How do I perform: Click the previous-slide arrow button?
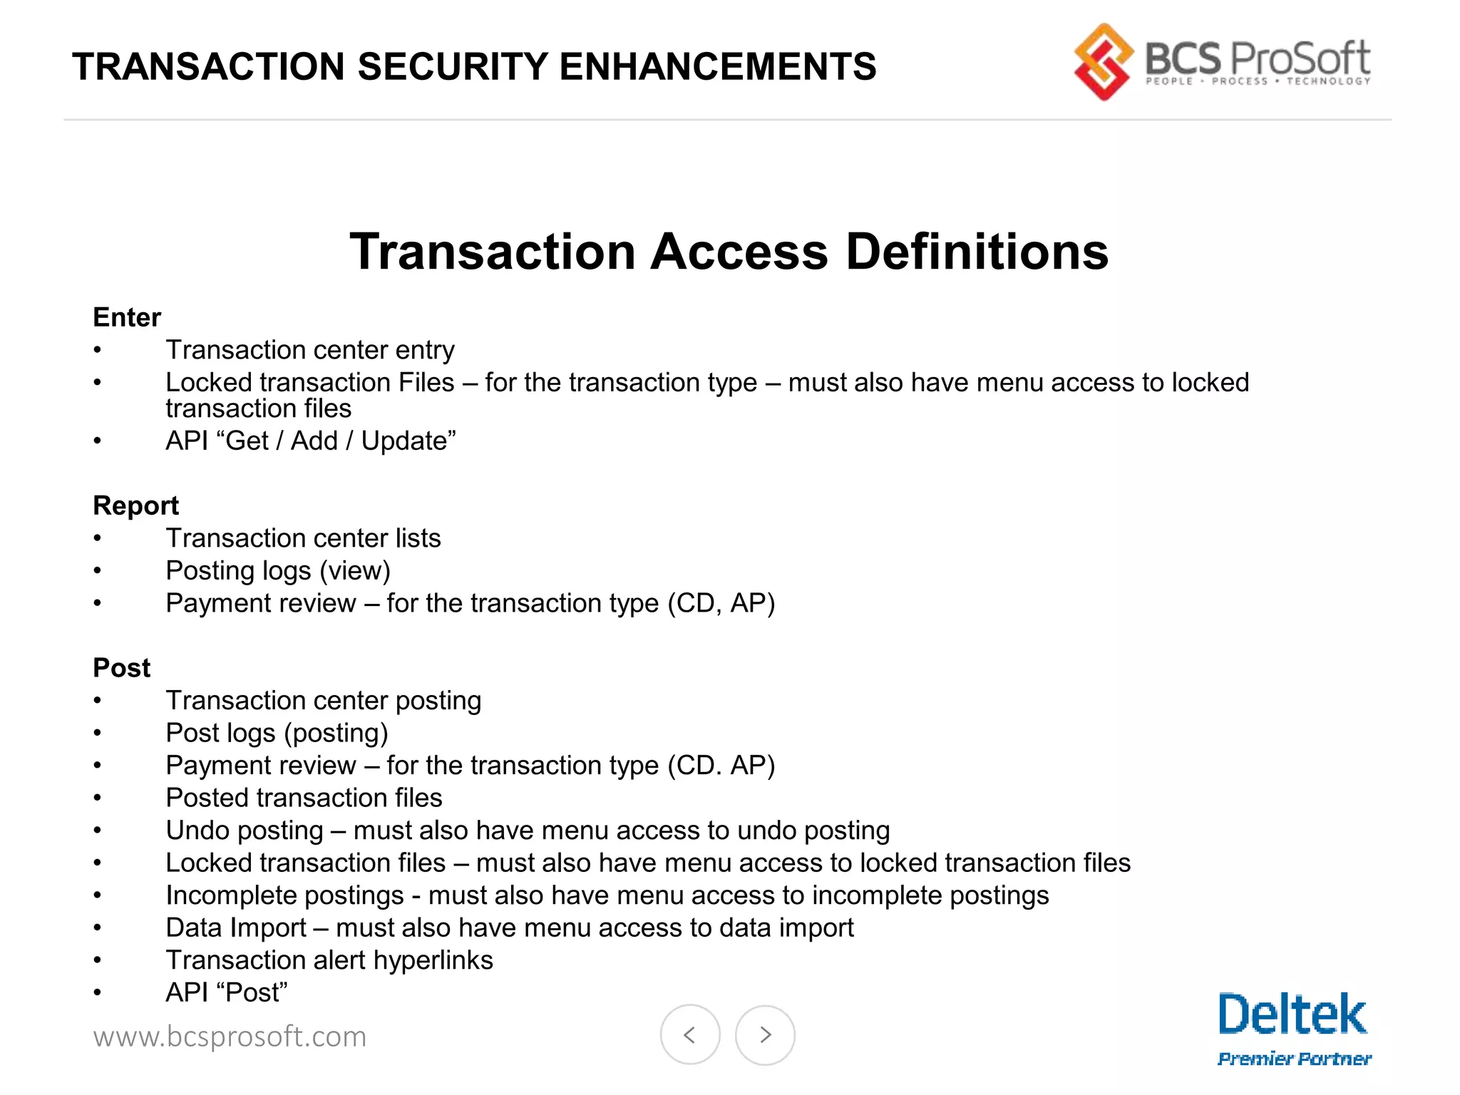689,1034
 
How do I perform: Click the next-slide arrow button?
765,1034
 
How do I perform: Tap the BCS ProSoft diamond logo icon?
1103,62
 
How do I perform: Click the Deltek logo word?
1292,1014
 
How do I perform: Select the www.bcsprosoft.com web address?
230,1037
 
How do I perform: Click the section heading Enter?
127,317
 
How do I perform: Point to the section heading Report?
135,505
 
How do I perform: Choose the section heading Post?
122,668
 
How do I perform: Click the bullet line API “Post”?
227,992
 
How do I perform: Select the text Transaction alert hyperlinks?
329,960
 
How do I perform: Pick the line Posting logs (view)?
278,570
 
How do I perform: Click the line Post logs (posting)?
277,733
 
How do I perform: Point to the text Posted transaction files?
304,798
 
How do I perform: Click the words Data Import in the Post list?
236,927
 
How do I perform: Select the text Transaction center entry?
310,350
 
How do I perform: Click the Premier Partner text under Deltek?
1295,1059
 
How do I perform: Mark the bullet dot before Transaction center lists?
98,538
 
